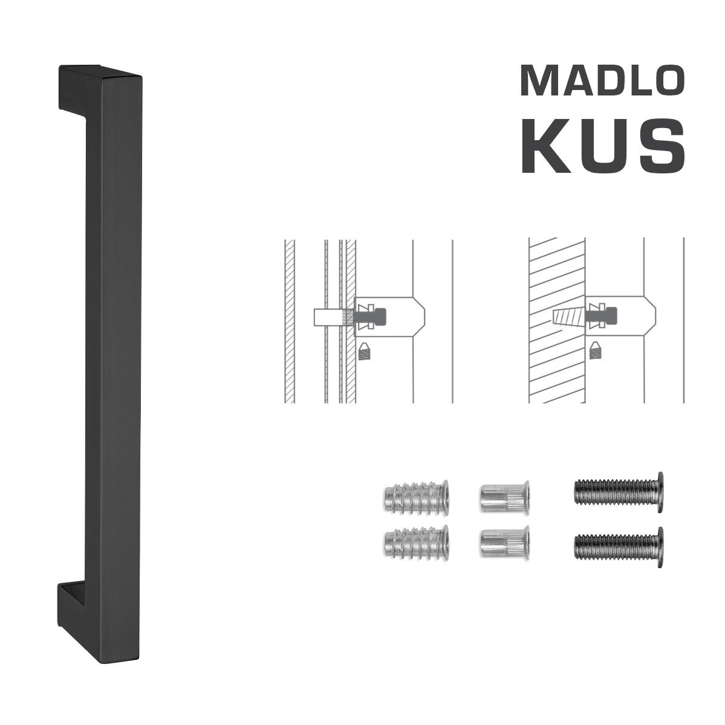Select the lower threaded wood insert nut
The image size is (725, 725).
click(416, 544)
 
